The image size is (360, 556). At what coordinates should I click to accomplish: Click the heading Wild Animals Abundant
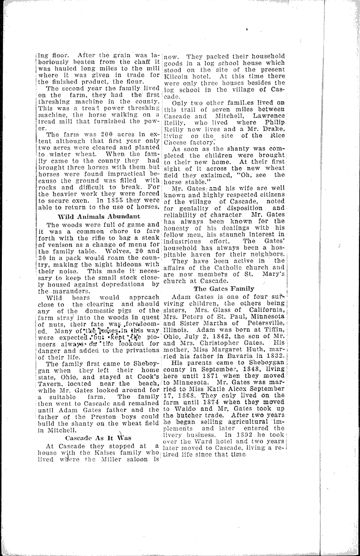[x=98, y=217]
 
